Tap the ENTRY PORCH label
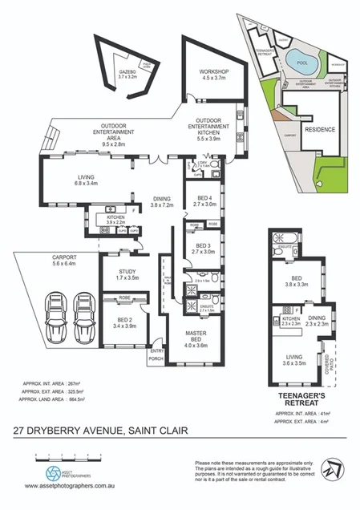156,354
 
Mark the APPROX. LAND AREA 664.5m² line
53,399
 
